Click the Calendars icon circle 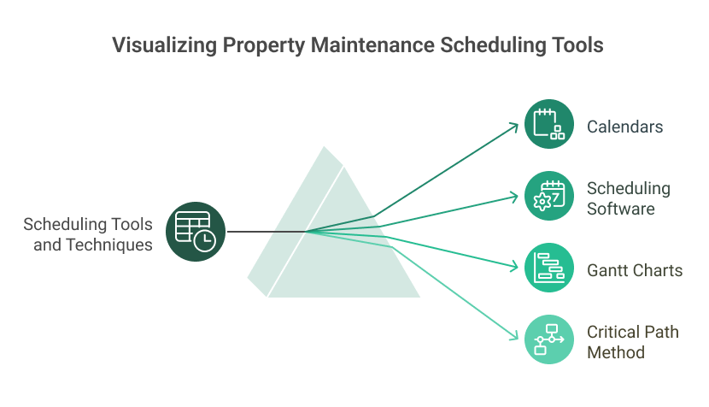click(x=548, y=124)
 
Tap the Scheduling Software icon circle click(x=548, y=196)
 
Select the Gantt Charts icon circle click(x=548, y=268)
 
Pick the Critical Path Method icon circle click(x=548, y=339)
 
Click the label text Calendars click(x=624, y=127)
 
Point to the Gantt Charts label click(x=634, y=271)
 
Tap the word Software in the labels click(x=620, y=209)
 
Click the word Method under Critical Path click(x=615, y=351)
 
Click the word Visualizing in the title click(x=161, y=45)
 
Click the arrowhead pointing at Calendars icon click(x=515, y=127)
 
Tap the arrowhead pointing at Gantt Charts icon click(x=515, y=267)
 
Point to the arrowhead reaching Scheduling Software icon click(x=515, y=197)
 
